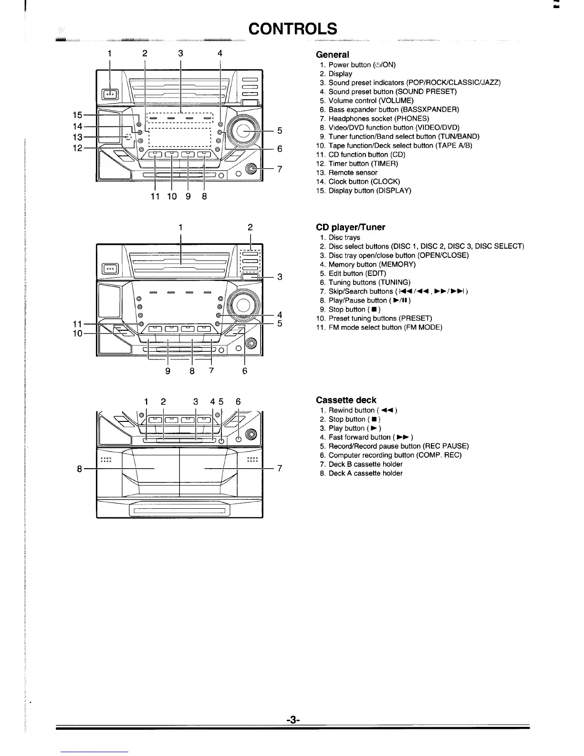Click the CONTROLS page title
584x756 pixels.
click(x=293, y=29)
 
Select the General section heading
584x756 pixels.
click(x=333, y=55)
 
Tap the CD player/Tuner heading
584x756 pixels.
click(x=351, y=227)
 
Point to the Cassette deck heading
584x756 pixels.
click(x=346, y=400)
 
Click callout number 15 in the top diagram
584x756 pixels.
click(x=77, y=115)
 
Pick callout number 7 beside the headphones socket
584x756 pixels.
click(x=280, y=169)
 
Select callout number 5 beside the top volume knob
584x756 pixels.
click(x=280, y=130)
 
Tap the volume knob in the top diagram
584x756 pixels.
click(x=244, y=130)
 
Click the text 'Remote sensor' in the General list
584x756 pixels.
click(x=353, y=173)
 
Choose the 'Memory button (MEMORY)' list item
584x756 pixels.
click(x=372, y=264)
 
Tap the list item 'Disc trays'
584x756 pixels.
click(x=344, y=237)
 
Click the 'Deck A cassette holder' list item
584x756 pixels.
click(x=365, y=473)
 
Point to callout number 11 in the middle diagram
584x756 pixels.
click(x=77, y=324)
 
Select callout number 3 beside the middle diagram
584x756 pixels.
click(x=280, y=277)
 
